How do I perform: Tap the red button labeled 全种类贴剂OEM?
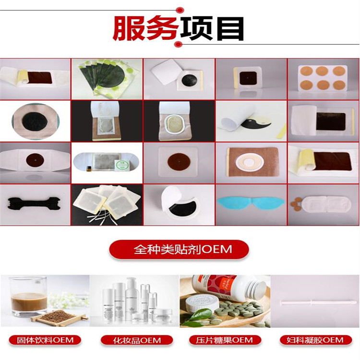pyautogui.click(x=179, y=250)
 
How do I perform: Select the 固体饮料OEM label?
pyautogui.click(x=45, y=340)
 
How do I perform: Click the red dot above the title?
pyautogui.click(x=180, y=9)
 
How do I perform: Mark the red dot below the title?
pyautogui.click(x=178, y=45)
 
